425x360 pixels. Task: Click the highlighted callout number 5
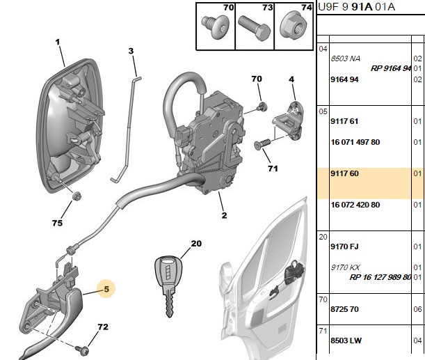[106, 289]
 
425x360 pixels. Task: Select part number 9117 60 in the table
[344, 173]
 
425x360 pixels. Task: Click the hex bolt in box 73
[255, 28]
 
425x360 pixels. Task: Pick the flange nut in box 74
[294, 26]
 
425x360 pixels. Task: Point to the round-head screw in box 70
[216, 27]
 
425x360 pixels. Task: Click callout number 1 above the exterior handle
[58, 42]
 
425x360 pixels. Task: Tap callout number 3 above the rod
[131, 51]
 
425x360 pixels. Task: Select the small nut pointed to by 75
[77, 196]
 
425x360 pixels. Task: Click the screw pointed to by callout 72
[82, 350]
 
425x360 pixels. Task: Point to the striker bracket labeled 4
[289, 120]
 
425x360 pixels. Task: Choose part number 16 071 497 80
[355, 142]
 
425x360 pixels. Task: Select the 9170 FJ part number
[344, 246]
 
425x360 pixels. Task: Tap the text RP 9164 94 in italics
[391, 68]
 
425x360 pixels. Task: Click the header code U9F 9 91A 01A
[356, 7]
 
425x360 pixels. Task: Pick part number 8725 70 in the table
[344, 309]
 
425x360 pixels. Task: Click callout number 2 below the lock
[224, 215]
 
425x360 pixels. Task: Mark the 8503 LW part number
[346, 341]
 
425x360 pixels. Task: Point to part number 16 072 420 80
[355, 205]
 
